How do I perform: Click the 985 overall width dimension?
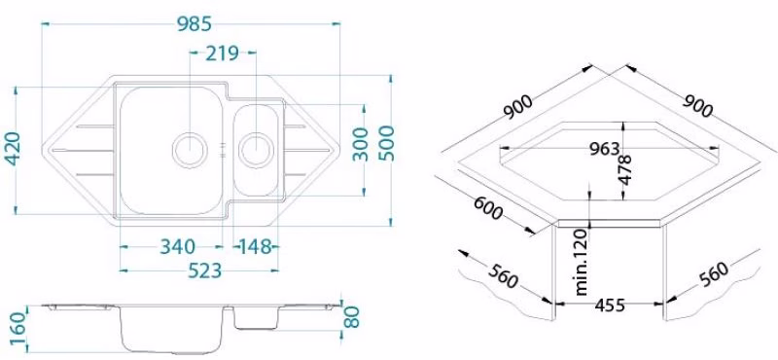(194, 23)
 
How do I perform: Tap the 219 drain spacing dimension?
(222, 53)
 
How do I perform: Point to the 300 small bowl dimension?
(361, 145)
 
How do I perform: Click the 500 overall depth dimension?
(386, 143)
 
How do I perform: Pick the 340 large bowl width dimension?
(178, 246)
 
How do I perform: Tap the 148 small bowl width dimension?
(256, 246)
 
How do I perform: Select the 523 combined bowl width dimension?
(204, 270)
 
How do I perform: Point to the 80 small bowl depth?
(351, 317)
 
